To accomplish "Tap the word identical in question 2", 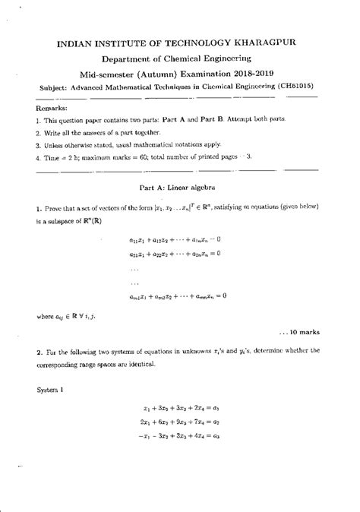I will (x=139, y=365).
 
